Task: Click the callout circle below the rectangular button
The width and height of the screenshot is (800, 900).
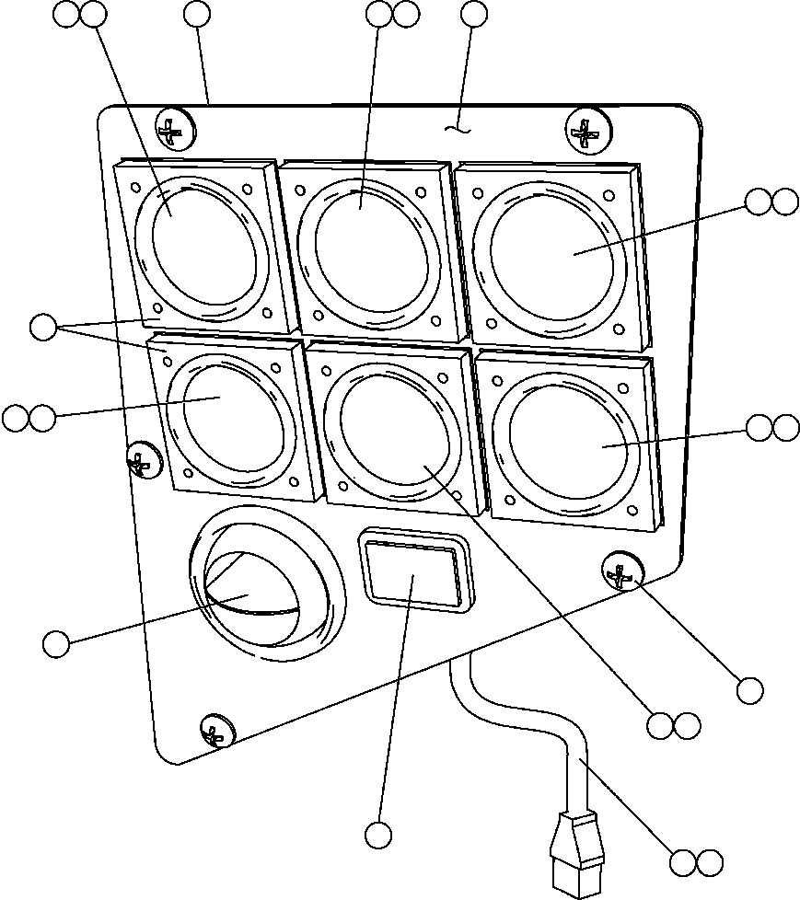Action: (377, 835)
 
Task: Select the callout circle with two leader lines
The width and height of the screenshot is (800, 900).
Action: (42, 327)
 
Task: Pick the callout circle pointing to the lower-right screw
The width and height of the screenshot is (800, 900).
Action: (750, 689)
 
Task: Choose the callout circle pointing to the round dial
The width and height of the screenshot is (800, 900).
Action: (56, 644)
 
